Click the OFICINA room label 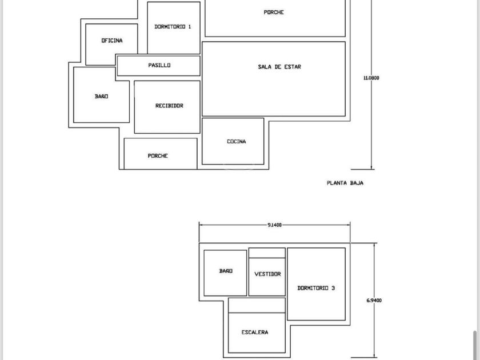(112, 41)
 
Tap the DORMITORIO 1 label (173, 27)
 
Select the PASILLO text (159, 65)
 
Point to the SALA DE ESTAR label (279, 67)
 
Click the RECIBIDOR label (169, 106)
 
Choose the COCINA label (237, 142)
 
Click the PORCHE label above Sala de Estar (274, 12)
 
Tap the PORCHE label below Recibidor (158, 156)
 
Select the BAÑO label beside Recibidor (101, 96)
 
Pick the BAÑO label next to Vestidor (226, 271)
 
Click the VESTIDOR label (267, 274)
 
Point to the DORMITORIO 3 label (316, 288)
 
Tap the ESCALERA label (255, 332)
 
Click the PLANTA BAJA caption (345, 183)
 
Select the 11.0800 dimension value (371, 78)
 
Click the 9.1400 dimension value (274, 225)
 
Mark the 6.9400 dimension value (374, 301)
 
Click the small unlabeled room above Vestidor (267, 253)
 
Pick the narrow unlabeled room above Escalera (257, 305)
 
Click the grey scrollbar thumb (475, 345)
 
